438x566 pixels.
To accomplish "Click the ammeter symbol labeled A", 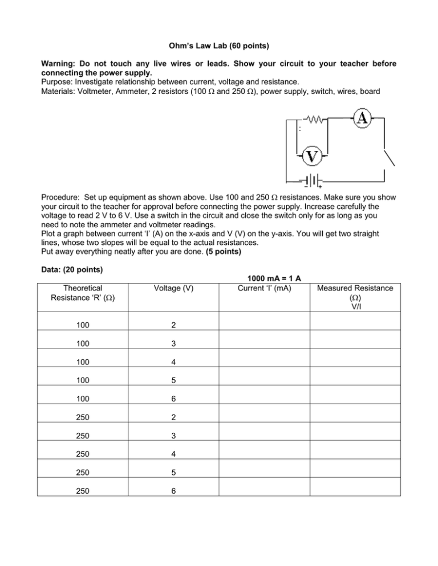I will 363,118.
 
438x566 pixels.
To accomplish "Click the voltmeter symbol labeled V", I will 311,155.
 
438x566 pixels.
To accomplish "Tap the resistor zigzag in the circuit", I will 315,120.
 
